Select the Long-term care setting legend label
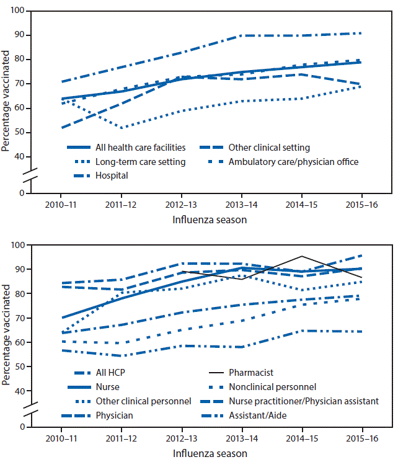click(x=140, y=162)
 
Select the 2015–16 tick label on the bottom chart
click(x=362, y=438)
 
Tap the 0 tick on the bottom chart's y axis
click(x=27, y=427)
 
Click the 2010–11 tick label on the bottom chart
click(x=61, y=438)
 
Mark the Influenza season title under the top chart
click(x=211, y=218)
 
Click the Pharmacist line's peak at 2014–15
click(x=302, y=256)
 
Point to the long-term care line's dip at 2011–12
click(x=122, y=128)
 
